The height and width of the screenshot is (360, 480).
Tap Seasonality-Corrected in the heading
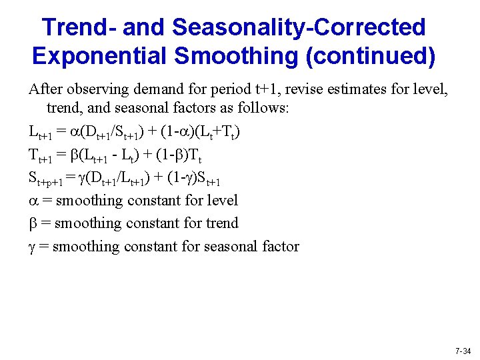pos(299,27)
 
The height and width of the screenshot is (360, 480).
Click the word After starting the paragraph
pos(44,89)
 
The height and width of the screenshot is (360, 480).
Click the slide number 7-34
pos(462,350)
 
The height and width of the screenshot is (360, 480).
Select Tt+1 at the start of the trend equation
pos(39,155)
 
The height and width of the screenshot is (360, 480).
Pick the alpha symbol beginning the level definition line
pos(33,201)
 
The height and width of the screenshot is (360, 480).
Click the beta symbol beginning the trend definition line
pos(32,223)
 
